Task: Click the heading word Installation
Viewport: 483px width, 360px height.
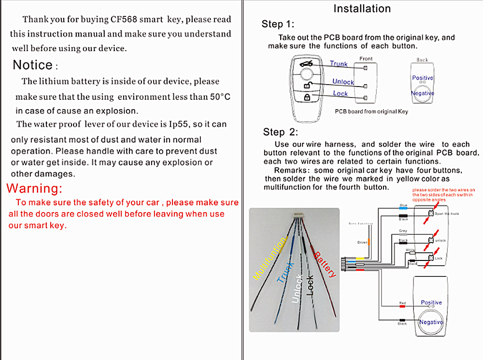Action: click(362, 9)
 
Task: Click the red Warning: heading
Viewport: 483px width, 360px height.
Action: click(34, 188)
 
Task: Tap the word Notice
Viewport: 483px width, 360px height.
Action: click(32, 65)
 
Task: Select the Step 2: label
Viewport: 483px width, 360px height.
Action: click(281, 132)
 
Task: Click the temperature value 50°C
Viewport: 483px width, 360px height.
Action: click(220, 97)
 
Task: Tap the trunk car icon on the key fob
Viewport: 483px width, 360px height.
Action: click(306, 64)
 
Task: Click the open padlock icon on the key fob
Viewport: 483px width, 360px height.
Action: click(306, 85)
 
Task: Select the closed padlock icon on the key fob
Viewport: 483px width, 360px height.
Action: click(306, 97)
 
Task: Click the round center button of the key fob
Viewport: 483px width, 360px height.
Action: click(306, 75)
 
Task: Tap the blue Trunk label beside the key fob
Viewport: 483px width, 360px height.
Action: click(339, 64)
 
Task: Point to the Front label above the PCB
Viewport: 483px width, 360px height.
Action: click(366, 59)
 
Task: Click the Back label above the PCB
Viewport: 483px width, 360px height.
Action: click(422, 60)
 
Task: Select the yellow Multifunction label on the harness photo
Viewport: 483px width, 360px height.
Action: click(270, 259)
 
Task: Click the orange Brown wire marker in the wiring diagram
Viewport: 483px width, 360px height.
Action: click(369, 242)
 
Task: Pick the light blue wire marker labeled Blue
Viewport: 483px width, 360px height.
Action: click(403, 209)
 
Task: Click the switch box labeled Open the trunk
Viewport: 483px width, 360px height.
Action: click(431, 214)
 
